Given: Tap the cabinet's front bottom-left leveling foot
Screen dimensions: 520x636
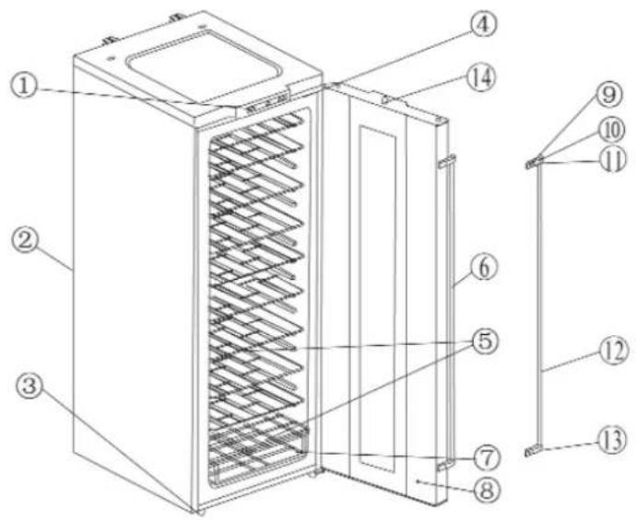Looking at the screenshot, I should point(196,507).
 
